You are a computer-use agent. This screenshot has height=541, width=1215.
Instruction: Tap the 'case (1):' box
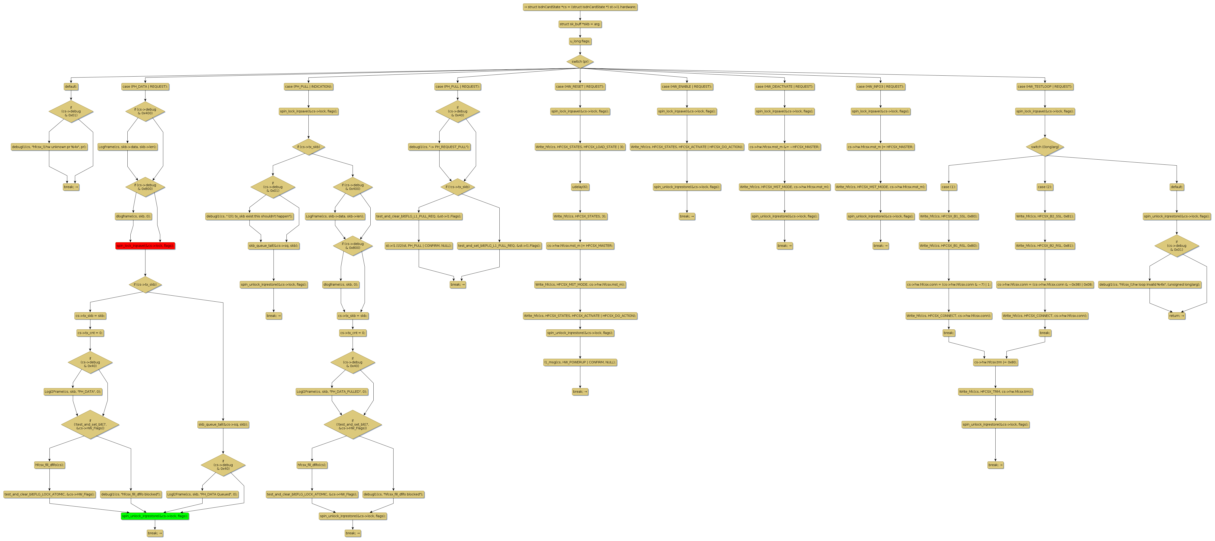(x=948, y=187)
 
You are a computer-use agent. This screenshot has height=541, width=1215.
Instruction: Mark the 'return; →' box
(x=1176, y=315)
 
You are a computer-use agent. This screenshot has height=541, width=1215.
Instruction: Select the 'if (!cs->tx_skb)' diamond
(x=458, y=187)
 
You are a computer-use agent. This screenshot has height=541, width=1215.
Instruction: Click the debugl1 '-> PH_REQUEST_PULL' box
(x=439, y=147)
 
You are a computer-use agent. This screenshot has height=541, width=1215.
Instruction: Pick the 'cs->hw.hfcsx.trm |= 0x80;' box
(x=995, y=362)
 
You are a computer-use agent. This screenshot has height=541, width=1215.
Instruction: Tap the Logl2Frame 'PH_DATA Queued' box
(x=202, y=494)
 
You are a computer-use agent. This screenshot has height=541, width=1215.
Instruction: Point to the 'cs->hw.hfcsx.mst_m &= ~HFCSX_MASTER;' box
(x=784, y=147)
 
